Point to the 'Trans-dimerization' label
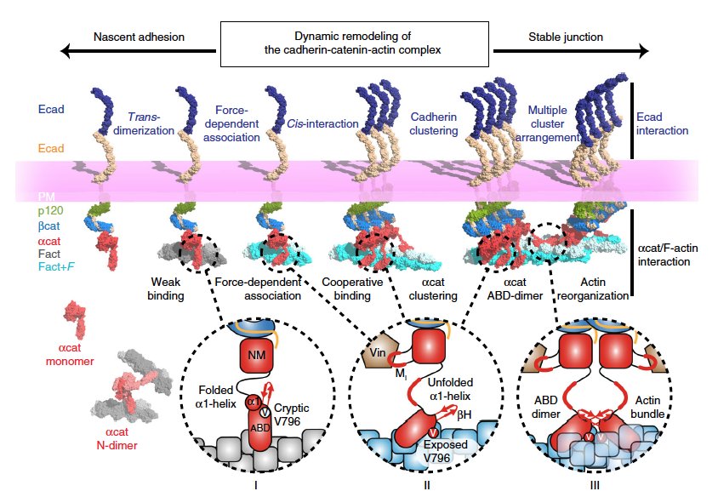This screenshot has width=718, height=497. (x=150, y=123)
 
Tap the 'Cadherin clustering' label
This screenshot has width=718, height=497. (x=433, y=123)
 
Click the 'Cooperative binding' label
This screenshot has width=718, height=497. (x=345, y=288)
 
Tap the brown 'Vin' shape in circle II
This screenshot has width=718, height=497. (x=377, y=350)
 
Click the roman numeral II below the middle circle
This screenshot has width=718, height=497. (x=428, y=486)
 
